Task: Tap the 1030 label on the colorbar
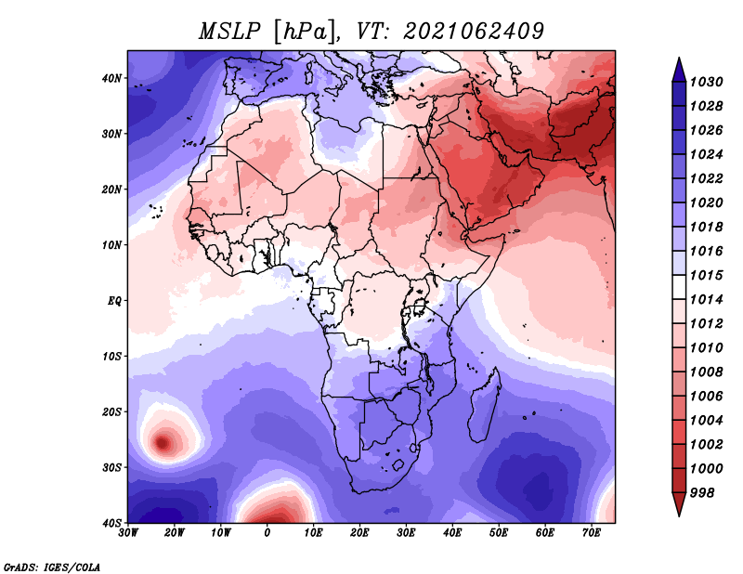coord(706,82)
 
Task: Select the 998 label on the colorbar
coord(701,493)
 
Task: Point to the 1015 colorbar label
coord(706,275)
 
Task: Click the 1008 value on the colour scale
coord(706,372)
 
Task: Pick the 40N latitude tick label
coord(111,78)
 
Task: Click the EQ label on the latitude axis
coord(114,301)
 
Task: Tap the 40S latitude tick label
coord(111,523)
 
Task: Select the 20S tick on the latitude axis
coord(111,411)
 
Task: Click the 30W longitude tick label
coord(128,533)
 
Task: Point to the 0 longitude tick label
coord(267,533)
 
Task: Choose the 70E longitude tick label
coord(591,533)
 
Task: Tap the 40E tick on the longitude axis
coord(452,533)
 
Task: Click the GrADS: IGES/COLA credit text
coord(52,567)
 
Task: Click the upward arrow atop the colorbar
coord(679,70)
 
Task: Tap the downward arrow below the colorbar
coord(679,504)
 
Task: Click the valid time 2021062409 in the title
coord(473,32)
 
